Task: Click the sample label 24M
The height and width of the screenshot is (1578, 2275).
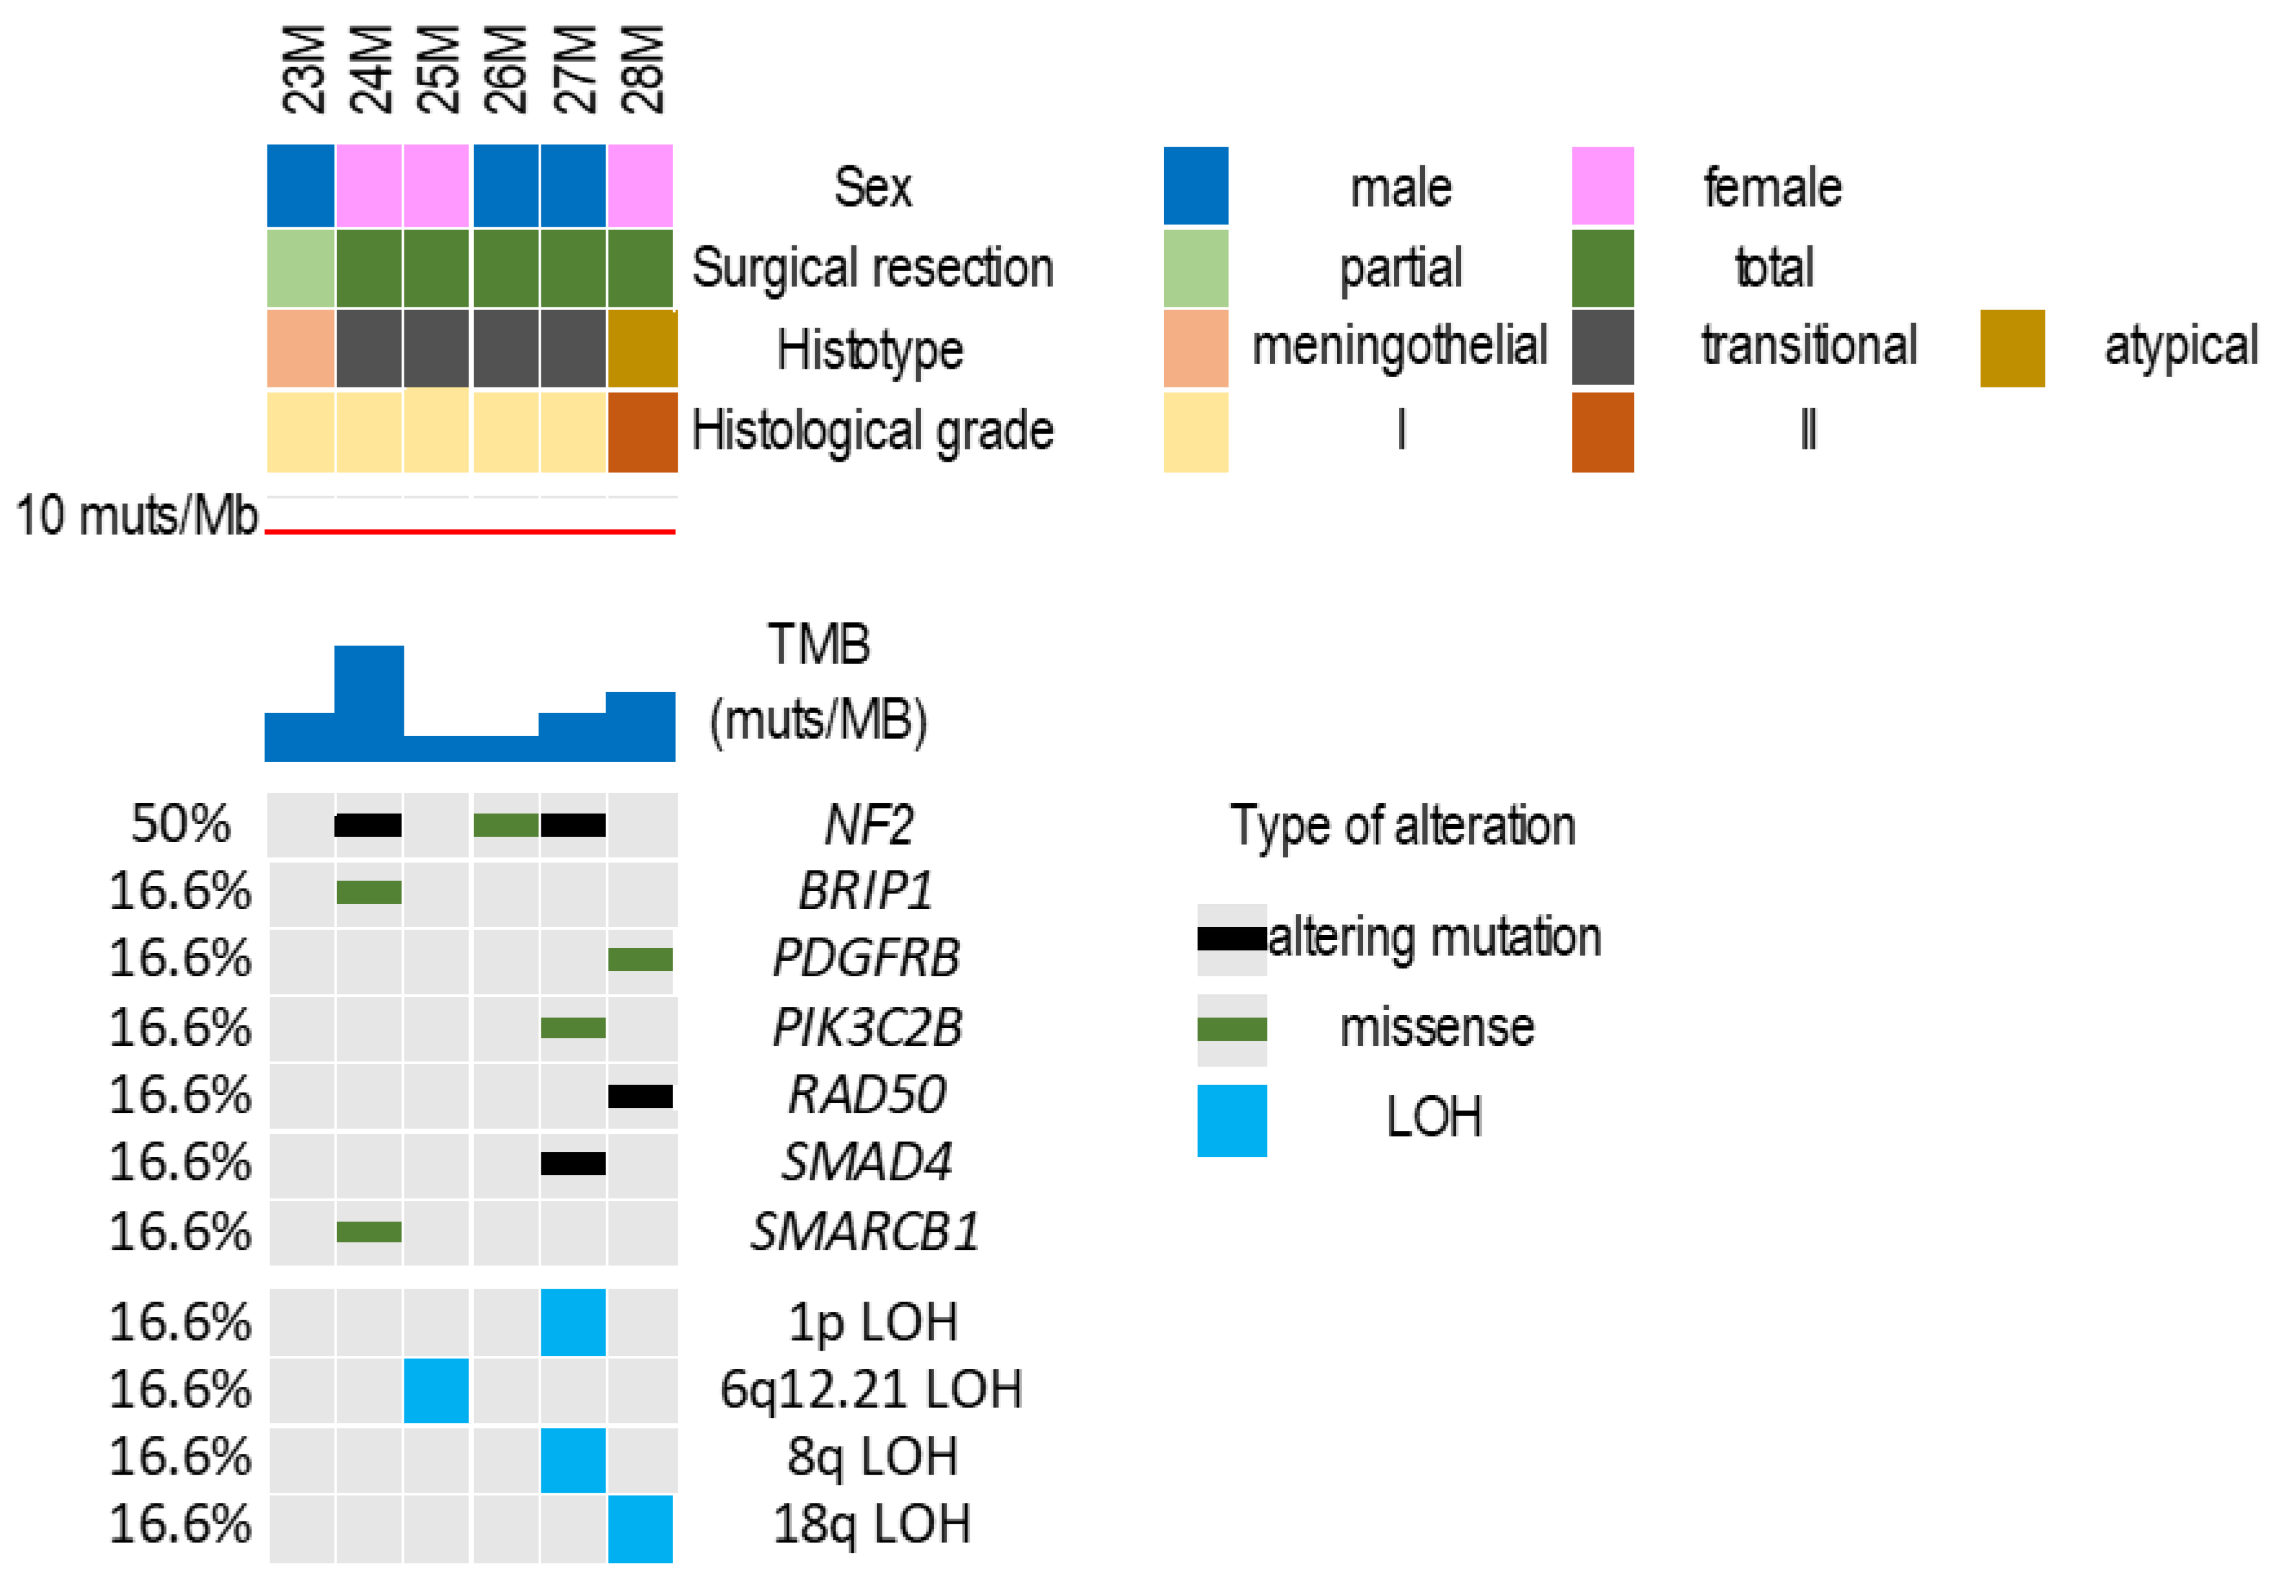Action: [371, 69]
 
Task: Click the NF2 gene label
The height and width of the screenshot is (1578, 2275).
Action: [868, 825]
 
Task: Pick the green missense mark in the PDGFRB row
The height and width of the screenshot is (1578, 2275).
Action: [640, 958]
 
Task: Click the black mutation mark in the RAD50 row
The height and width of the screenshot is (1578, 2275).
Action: [640, 1096]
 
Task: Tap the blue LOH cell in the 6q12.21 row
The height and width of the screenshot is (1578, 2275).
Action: [436, 1389]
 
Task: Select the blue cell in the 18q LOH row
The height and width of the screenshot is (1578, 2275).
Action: [640, 1528]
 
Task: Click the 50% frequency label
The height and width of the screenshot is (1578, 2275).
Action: [181, 824]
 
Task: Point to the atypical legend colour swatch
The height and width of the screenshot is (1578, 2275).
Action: [2012, 348]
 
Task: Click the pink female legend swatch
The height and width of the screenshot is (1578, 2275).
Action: [1603, 186]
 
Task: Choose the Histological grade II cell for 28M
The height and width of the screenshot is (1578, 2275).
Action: [642, 432]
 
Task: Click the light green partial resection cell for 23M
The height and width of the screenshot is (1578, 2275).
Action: [301, 268]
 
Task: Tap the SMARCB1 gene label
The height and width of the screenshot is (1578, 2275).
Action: [864, 1231]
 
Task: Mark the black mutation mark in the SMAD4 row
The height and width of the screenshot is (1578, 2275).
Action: [573, 1163]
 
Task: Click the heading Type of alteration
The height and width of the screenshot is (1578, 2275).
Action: [1402, 826]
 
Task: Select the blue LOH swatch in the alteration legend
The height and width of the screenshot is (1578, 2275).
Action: [1231, 1120]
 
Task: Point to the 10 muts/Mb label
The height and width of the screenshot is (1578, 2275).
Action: [136, 516]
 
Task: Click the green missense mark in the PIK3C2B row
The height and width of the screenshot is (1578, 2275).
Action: [573, 1027]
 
